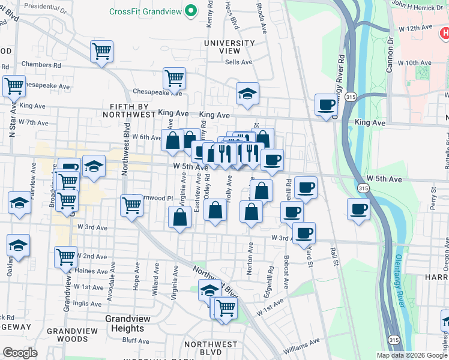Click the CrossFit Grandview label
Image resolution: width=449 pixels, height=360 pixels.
[x=145, y=11]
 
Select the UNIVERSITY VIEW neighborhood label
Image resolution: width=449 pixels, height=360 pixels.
[x=229, y=47]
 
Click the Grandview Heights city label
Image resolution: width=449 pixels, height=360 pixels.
[x=125, y=323]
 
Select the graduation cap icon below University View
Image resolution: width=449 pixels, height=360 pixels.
[x=247, y=93]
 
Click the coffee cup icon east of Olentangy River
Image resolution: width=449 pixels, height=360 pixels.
[x=359, y=209]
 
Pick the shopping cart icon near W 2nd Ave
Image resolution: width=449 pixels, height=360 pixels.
[x=65, y=256]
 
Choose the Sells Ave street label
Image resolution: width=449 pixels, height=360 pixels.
[x=239, y=62]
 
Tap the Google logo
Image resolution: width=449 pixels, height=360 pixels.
[x=20, y=353]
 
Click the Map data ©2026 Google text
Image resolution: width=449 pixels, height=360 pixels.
[x=411, y=355]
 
